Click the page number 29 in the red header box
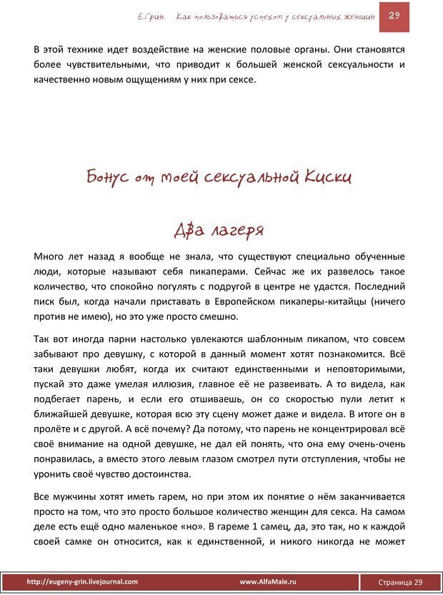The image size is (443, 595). [x=394, y=16]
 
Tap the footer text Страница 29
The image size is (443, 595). [x=399, y=582]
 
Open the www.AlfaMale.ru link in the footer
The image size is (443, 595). [x=268, y=582]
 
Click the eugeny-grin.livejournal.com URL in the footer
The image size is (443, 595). [x=82, y=582]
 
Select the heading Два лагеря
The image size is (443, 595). [x=219, y=230]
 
